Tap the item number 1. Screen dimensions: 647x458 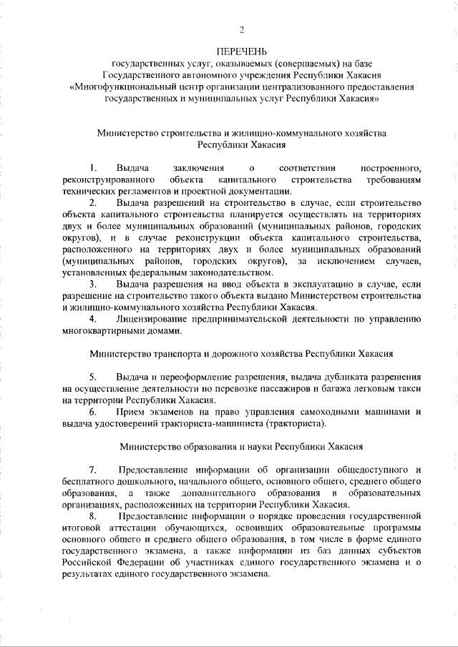pyautogui.click(x=92, y=168)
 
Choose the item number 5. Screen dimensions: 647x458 pyautogui.click(x=92, y=377)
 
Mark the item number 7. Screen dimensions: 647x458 pyautogui.click(x=92, y=470)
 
